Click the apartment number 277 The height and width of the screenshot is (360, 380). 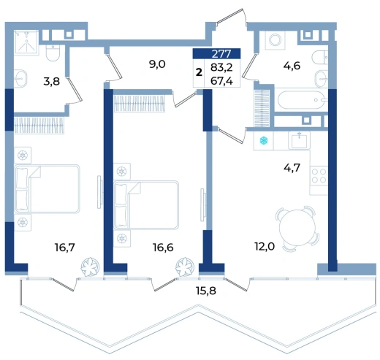pos(221,53)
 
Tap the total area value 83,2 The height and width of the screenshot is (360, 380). pos(221,67)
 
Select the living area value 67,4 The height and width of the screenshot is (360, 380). pos(221,81)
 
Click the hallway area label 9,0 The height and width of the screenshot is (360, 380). pos(157,64)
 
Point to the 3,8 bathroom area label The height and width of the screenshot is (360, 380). pos(52,81)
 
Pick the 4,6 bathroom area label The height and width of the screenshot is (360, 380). pos(292,66)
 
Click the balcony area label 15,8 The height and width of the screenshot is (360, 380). pos(206,291)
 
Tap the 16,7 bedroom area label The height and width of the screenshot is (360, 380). pos(65,248)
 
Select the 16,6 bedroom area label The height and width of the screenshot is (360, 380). pos(163,248)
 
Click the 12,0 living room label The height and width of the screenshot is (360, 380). pos(265,247)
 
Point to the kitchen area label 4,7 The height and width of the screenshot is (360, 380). pos(292,168)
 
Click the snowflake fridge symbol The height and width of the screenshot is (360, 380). pos(264,140)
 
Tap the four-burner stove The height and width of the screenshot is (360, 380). pos(319,175)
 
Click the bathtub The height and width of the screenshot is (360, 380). pos(301,100)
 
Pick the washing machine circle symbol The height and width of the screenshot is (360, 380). pos(275,39)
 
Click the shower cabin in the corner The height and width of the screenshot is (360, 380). pos(26,42)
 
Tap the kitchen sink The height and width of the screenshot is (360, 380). pos(299,140)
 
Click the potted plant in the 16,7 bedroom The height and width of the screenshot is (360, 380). pos(90,267)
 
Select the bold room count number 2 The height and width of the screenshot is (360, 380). pos(199,72)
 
